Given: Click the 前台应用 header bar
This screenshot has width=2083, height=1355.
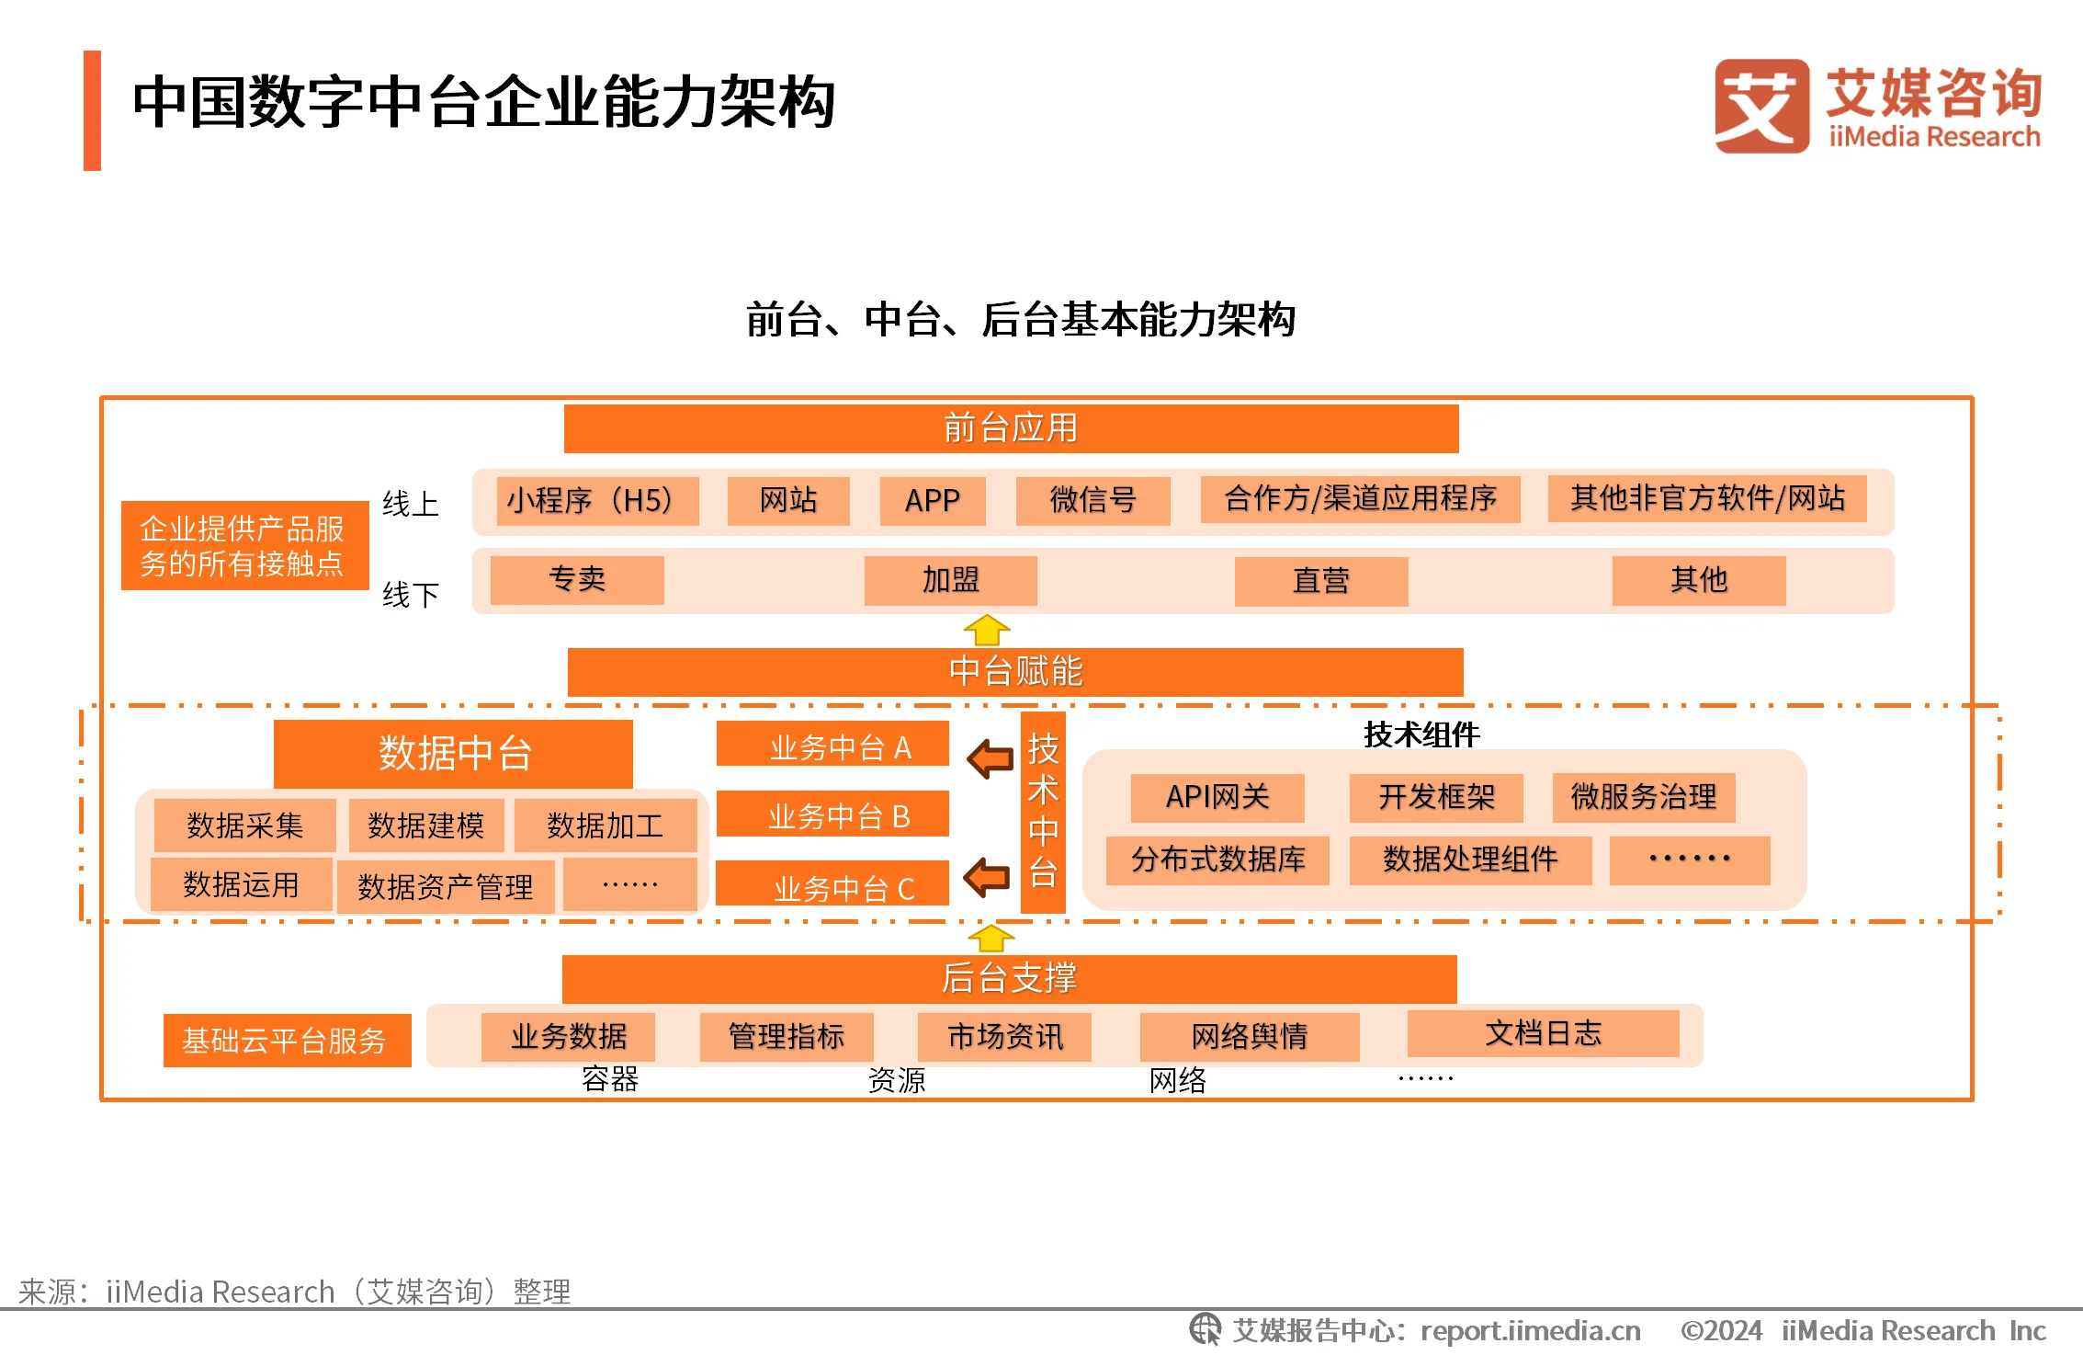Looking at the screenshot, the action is (x=1011, y=428).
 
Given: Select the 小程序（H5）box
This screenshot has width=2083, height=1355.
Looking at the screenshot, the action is (x=597, y=501).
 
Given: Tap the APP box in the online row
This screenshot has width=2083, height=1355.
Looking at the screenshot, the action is (x=933, y=501).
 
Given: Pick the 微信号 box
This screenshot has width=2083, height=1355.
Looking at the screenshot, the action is (x=1092, y=501).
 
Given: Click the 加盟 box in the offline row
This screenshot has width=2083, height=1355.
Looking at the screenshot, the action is (x=951, y=581).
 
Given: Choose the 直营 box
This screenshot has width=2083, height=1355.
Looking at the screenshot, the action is (x=1321, y=581).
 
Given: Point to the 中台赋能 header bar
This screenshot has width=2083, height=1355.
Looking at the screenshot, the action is (x=1015, y=672).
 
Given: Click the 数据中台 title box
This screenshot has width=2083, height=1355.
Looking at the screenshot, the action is (x=453, y=754).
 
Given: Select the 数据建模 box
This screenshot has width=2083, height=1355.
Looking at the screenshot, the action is (x=426, y=826).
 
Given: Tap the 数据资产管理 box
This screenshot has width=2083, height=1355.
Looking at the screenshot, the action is (x=446, y=887).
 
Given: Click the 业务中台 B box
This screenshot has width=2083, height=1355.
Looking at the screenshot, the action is (x=832, y=814).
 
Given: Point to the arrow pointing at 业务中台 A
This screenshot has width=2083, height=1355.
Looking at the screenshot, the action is (x=991, y=758).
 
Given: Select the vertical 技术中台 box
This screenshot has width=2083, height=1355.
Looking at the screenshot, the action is (x=1043, y=812).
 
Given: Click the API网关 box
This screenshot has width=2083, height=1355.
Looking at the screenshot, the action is (x=1217, y=797).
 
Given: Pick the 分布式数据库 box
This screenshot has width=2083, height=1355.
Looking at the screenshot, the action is (x=1217, y=860).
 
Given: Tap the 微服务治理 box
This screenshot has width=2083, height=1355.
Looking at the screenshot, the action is (x=1644, y=797).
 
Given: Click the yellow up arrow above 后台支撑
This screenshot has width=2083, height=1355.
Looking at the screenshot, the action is (x=991, y=939).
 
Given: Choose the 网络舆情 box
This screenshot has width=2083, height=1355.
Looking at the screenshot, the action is (x=1250, y=1037).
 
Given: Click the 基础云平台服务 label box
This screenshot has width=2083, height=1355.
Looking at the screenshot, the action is (x=288, y=1041).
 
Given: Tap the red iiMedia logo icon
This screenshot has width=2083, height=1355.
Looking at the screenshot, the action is (x=1761, y=106).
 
